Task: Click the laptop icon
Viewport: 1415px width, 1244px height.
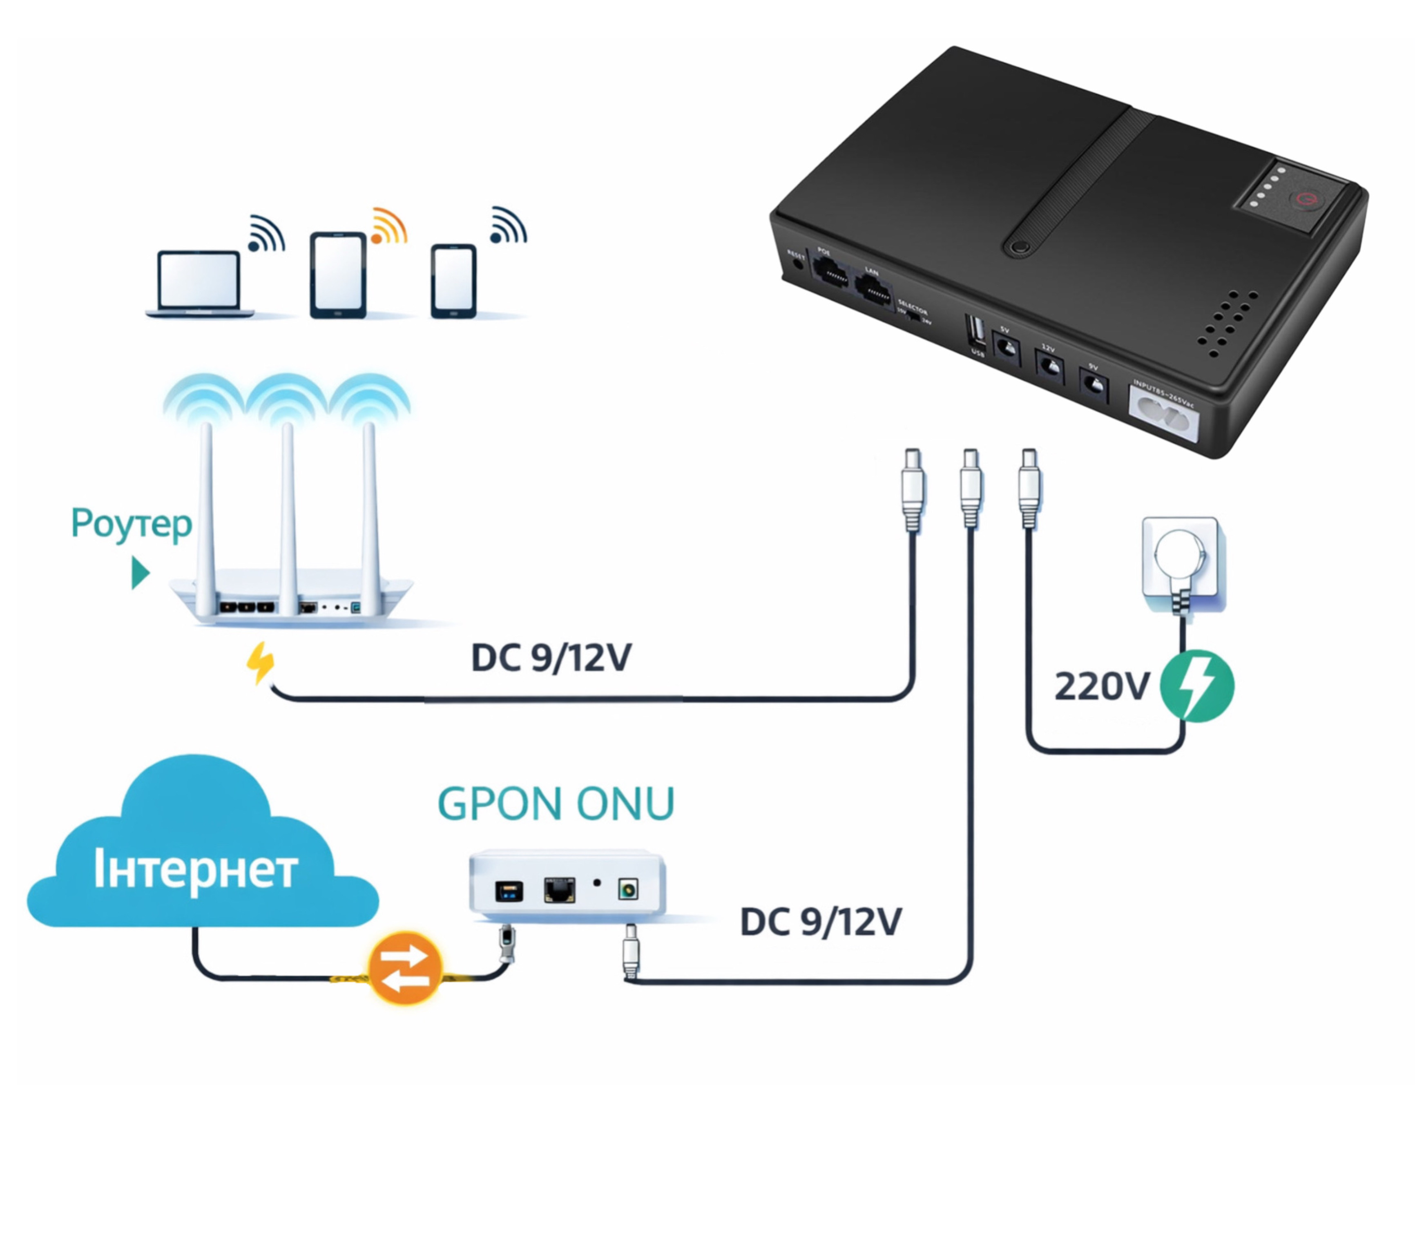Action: pyautogui.click(x=199, y=284)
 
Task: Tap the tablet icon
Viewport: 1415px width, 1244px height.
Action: pyautogui.click(x=338, y=275)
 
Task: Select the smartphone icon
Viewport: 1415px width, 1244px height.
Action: pyautogui.click(x=453, y=280)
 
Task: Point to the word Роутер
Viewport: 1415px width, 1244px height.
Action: pyautogui.click(x=132, y=524)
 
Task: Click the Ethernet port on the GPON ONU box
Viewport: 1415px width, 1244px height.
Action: pyautogui.click(x=559, y=890)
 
